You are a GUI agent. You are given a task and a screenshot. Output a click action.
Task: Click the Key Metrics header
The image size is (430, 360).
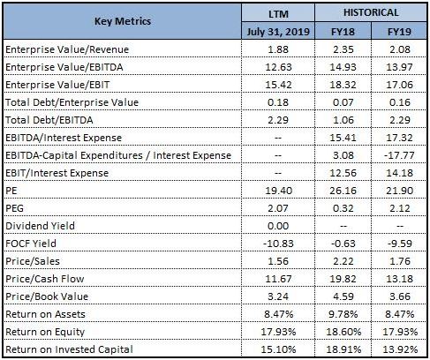[x=123, y=21]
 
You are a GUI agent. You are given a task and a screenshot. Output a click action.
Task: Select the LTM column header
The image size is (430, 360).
[x=278, y=14]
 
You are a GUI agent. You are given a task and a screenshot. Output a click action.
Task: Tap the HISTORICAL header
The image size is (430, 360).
[x=371, y=12]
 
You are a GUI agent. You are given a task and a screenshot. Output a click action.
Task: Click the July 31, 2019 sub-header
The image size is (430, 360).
[x=278, y=32]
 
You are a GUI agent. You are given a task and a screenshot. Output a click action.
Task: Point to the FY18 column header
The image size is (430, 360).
[x=343, y=32]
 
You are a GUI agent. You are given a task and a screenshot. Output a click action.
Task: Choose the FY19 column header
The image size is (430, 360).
[x=399, y=32]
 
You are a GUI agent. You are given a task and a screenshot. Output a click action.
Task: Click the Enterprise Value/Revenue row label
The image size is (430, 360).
[x=67, y=49]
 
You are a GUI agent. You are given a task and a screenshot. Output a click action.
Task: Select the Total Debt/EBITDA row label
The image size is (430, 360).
[x=49, y=120]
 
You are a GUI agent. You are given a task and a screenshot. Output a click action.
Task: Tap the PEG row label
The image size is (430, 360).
[x=14, y=208]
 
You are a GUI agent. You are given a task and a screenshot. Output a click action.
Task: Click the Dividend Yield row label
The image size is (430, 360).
[x=40, y=226]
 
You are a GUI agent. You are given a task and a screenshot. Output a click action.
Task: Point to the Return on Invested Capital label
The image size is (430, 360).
[x=69, y=349]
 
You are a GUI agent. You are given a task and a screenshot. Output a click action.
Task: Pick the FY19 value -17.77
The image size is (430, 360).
[x=399, y=155]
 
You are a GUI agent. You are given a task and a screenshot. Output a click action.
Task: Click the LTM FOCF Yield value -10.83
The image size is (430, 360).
[x=278, y=244]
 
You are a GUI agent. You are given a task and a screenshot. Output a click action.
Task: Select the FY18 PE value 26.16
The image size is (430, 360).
[x=343, y=191]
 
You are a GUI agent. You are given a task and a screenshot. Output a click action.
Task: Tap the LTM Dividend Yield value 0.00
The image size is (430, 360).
[x=278, y=226]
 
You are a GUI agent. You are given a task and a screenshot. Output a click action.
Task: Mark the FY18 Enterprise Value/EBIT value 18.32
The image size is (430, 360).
[x=343, y=85]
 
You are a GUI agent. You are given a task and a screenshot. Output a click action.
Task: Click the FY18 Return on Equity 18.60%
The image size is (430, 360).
[x=343, y=332]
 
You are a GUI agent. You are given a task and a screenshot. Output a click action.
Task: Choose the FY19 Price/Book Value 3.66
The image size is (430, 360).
[x=400, y=296]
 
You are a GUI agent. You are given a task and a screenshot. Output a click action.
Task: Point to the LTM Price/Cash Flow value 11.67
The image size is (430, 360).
[x=278, y=279]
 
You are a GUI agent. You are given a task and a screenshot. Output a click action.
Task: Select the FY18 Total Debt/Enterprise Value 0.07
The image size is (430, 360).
[x=343, y=102]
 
